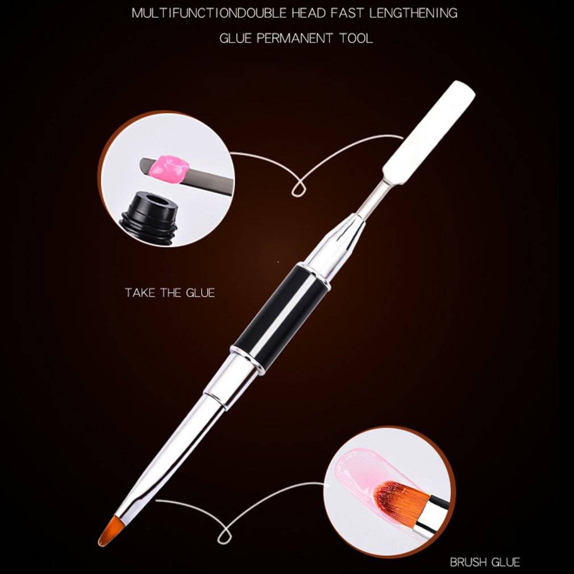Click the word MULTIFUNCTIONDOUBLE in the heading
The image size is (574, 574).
pyautogui.click(x=209, y=13)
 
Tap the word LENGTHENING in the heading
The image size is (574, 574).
pyautogui.click(x=413, y=13)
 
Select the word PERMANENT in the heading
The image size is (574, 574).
pyautogui.click(x=294, y=38)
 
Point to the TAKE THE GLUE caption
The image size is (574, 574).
pyautogui.click(x=170, y=293)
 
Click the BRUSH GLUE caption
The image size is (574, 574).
pyautogui.click(x=485, y=562)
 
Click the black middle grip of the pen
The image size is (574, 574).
pyautogui.click(x=282, y=318)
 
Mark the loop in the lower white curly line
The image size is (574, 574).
pyautogui.click(x=223, y=534)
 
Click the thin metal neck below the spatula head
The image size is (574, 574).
pyautogui.click(x=373, y=197)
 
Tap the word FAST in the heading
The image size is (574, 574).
pyautogui.click(x=347, y=13)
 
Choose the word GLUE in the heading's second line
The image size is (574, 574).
pyautogui.click(x=235, y=38)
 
